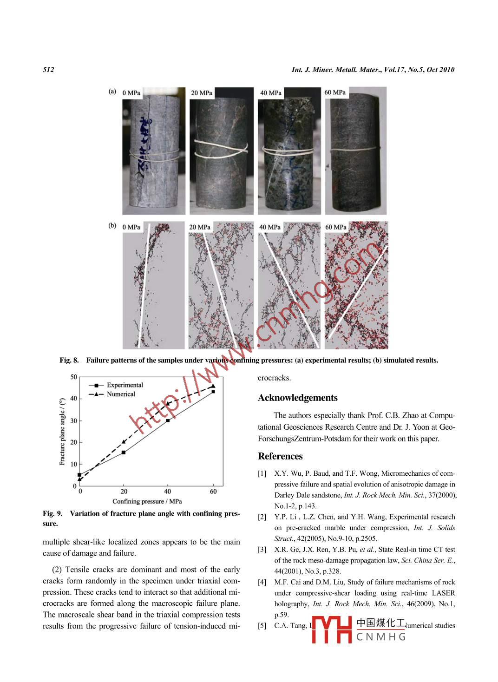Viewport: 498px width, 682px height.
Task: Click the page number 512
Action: click(48, 70)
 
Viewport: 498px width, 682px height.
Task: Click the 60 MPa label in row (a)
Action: click(335, 92)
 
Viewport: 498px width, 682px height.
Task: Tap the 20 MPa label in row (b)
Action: click(199, 227)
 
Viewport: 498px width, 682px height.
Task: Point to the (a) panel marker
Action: click(112, 91)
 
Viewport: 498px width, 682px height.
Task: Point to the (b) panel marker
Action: click(112, 226)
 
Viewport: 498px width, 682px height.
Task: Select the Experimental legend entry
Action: click(124, 385)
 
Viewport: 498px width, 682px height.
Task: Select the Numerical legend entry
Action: click(121, 394)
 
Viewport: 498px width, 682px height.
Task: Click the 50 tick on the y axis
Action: click(74, 377)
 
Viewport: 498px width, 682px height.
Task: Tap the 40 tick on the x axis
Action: click(167, 492)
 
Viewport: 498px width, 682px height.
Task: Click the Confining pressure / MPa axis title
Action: click(147, 501)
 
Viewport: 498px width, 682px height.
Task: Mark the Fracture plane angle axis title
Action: click(62, 432)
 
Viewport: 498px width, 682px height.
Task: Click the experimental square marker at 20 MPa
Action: click(124, 452)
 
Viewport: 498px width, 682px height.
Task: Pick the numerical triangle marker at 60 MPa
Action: click(213, 386)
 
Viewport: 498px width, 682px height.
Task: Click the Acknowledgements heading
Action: click(298, 398)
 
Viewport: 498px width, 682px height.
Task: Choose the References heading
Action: click(280, 456)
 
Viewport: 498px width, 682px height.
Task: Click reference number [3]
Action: click(262, 550)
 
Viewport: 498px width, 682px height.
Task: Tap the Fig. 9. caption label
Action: click(52, 513)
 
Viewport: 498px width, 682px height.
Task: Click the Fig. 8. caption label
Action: click(69, 360)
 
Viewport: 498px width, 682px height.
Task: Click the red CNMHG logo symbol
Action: click(332, 630)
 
